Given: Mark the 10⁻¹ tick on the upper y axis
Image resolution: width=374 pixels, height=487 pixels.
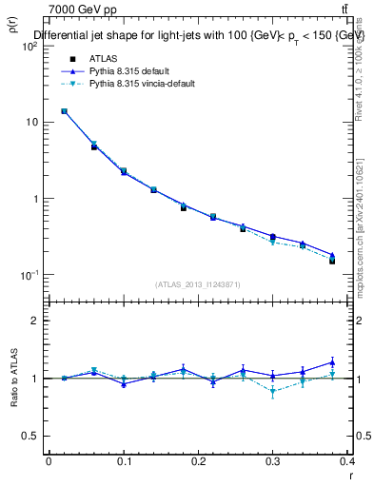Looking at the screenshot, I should coord(29,275).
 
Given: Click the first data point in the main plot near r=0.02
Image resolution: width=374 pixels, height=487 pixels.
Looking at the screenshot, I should coord(64,111).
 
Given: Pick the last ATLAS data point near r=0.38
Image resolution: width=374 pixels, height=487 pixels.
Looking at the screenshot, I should coord(332,260).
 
